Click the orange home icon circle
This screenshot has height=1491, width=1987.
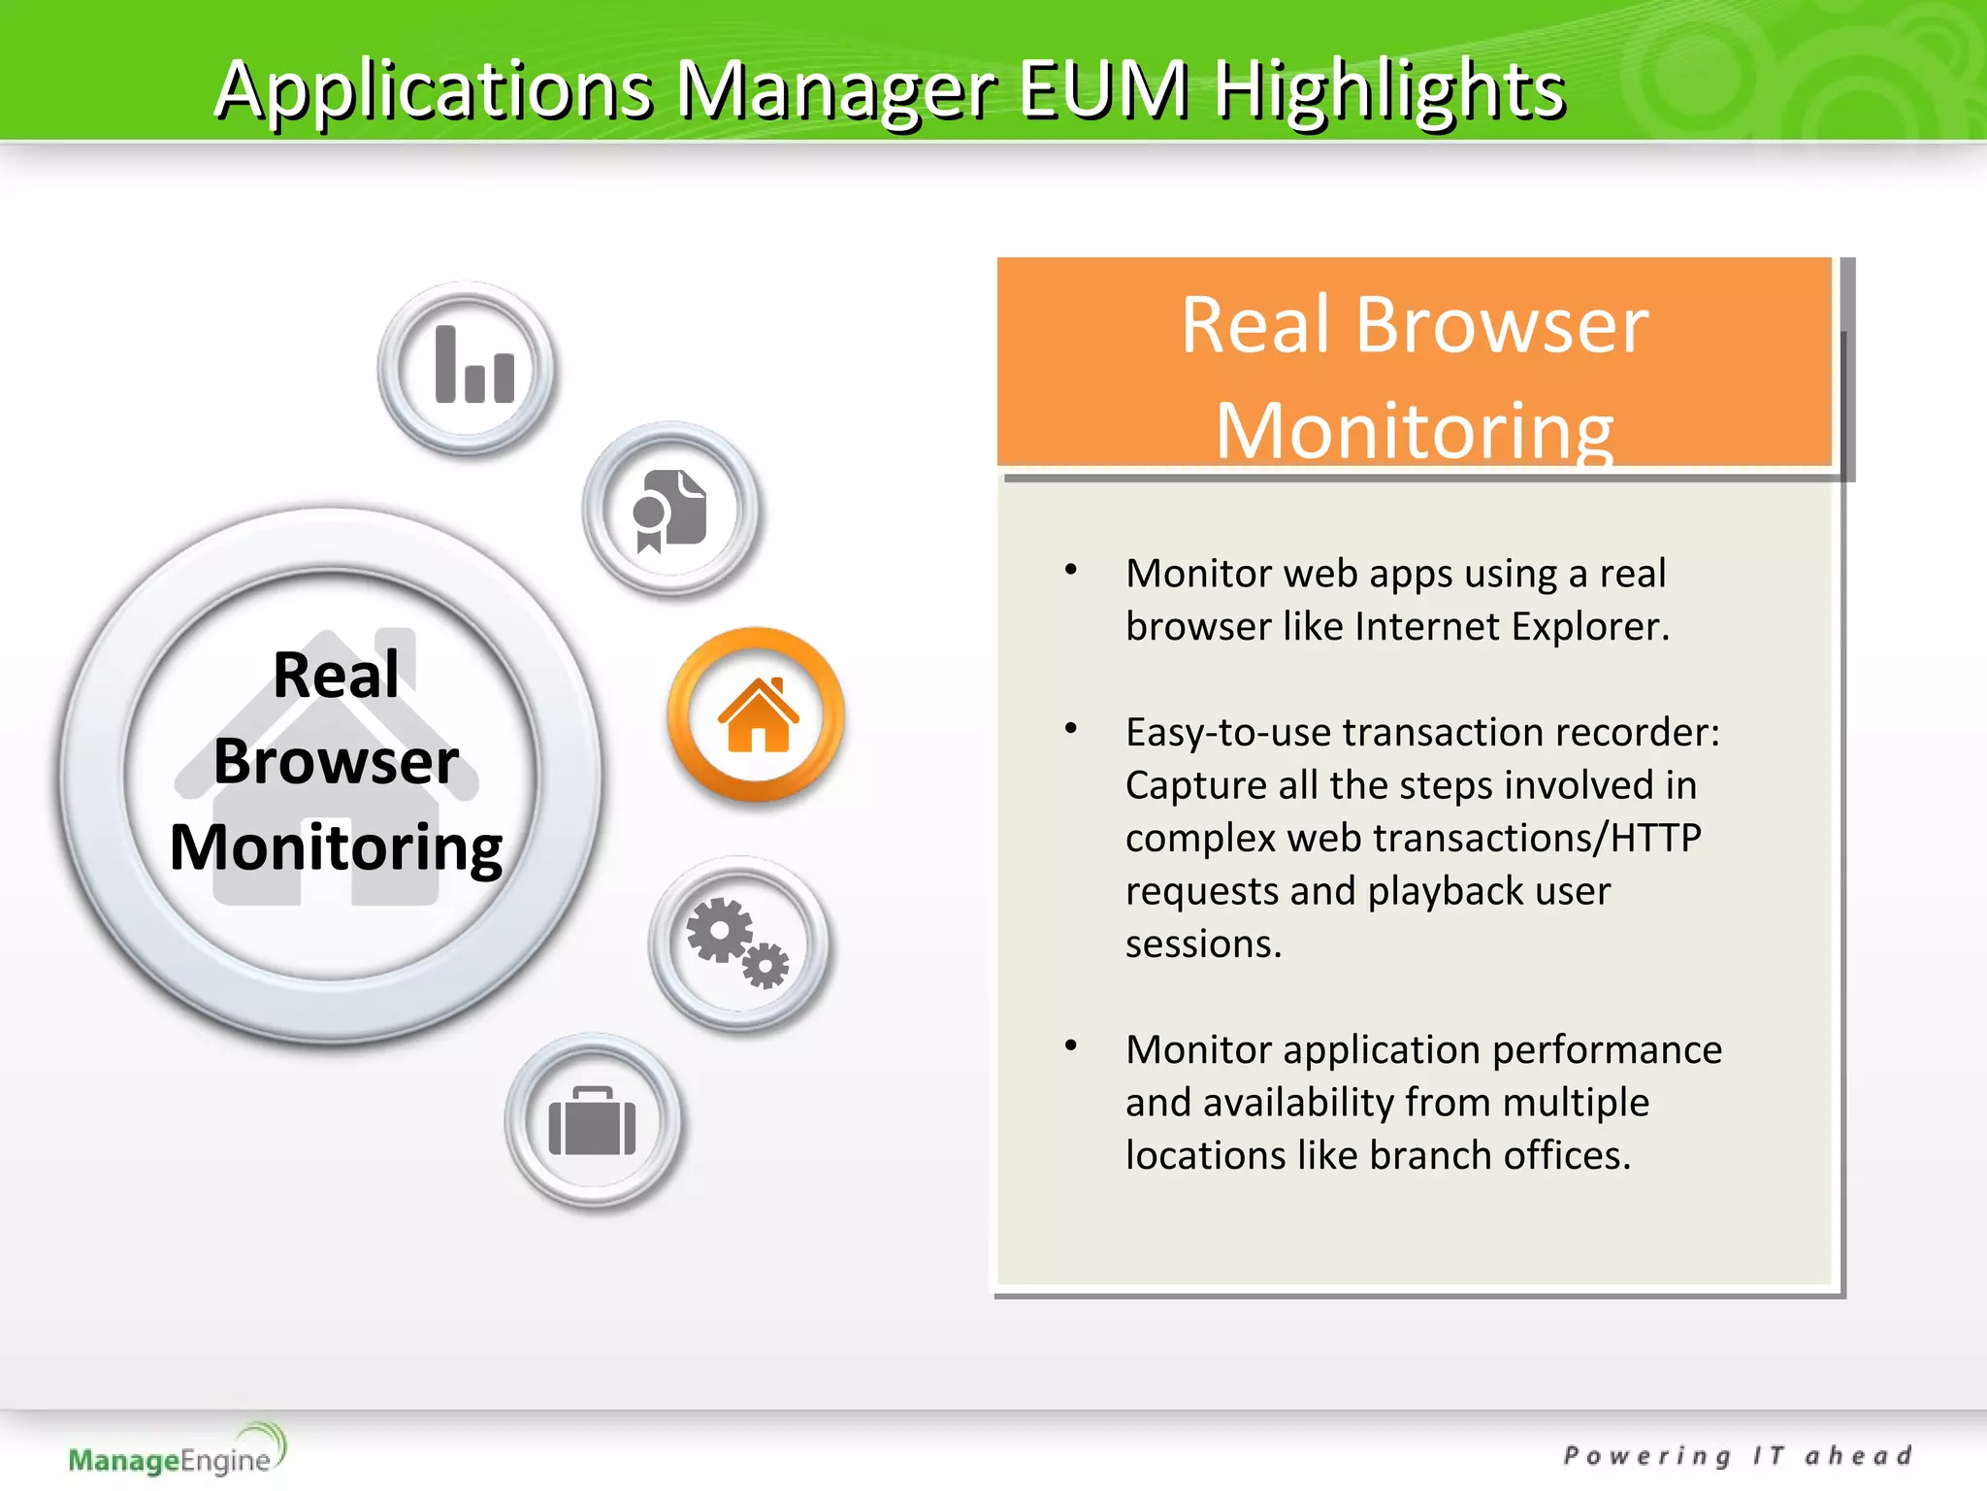(756, 715)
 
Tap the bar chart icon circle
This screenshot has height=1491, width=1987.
(467, 368)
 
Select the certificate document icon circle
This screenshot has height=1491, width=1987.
(670, 510)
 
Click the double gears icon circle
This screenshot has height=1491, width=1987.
(738, 943)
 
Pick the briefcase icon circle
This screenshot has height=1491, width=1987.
(593, 1121)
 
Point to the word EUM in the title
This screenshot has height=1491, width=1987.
(1103, 89)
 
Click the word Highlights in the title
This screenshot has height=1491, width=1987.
(1389, 89)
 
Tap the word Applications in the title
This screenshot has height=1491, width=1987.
(433, 89)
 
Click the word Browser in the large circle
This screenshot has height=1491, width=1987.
(336, 761)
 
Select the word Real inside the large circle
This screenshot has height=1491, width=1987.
(336, 675)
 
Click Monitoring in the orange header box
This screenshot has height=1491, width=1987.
(1414, 430)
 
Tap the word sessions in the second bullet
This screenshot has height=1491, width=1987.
(1203, 944)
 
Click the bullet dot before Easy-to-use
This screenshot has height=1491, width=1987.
(1071, 728)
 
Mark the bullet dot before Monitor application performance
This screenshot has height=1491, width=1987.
(1071, 1045)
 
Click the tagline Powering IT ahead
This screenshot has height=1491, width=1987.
(1737, 1456)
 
